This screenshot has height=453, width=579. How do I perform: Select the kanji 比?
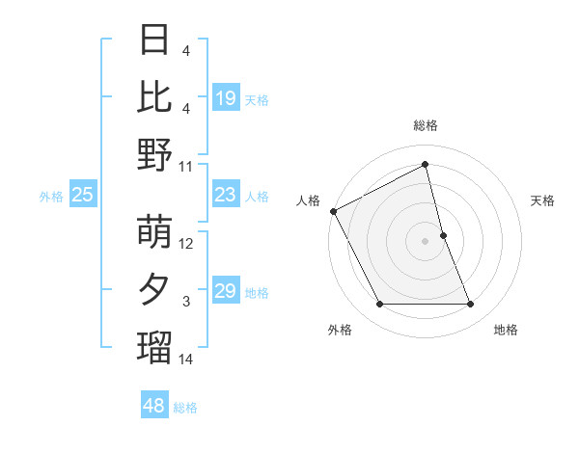pyautogui.click(x=154, y=96)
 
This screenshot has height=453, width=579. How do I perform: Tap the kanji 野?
pyautogui.click(x=154, y=154)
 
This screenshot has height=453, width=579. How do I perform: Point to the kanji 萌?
pyautogui.click(x=154, y=232)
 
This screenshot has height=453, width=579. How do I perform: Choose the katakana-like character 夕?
pyautogui.click(x=154, y=290)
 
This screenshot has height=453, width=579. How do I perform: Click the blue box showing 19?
pyautogui.click(x=225, y=98)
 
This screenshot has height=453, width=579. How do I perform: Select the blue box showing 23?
pyautogui.click(x=225, y=195)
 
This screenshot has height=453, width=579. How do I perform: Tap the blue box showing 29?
pyautogui.click(x=225, y=291)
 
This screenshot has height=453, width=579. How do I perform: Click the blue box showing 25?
pyautogui.click(x=82, y=195)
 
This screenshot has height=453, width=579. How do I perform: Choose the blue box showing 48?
pyautogui.click(x=154, y=406)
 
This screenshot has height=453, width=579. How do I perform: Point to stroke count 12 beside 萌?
pyautogui.click(x=186, y=244)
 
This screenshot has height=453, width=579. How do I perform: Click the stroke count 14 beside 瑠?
pyautogui.click(x=186, y=360)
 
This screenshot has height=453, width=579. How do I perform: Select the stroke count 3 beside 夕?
pyautogui.click(x=186, y=302)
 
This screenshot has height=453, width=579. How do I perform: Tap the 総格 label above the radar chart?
pyautogui.click(x=426, y=125)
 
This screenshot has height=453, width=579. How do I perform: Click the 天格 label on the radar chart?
pyautogui.click(x=543, y=200)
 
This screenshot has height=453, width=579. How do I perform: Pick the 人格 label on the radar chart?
pyautogui.click(x=309, y=200)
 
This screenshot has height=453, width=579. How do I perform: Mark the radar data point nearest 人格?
pyautogui.click(x=334, y=211)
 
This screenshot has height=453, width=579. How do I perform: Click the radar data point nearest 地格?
pyautogui.click(x=471, y=305)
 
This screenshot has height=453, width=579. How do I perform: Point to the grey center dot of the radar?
pyautogui.click(x=426, y=240)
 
